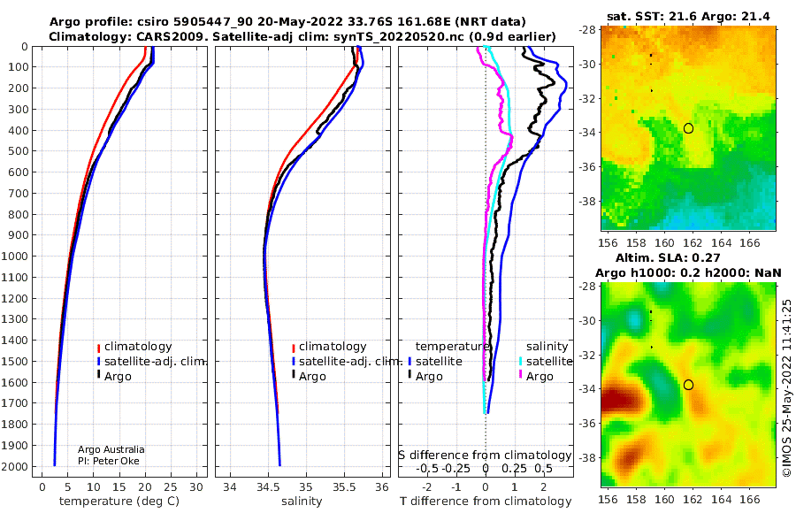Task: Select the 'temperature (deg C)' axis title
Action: (119, 502)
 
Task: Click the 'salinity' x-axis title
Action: (302, 502)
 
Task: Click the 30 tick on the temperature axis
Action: (196, 486)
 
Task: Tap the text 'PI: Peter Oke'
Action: (108, 461)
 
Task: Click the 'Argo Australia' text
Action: (111, 449)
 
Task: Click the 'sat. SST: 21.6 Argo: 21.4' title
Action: (688, 16)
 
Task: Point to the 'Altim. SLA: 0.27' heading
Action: (668, 257)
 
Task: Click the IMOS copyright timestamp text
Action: (787, 387)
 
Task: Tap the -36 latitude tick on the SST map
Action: (588, 166)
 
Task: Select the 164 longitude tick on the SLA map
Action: (721, 499)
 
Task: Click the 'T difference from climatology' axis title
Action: (486, 502)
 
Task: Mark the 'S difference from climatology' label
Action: (485, 456)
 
